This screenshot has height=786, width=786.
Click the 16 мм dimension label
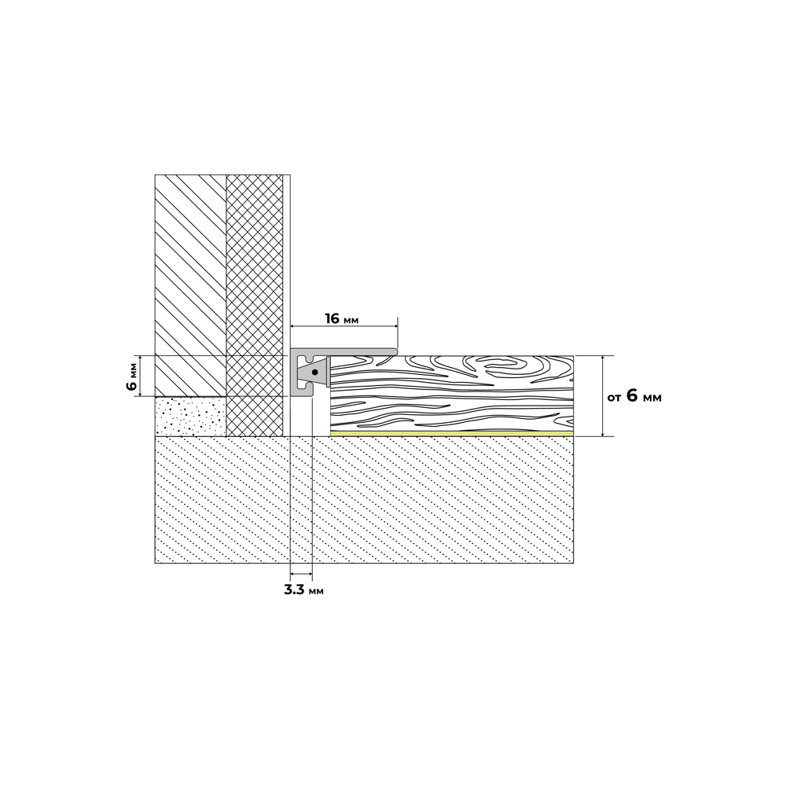pos(341,319)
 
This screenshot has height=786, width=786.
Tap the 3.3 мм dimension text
pos(303,590)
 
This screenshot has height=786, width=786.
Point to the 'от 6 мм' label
pos(634,396)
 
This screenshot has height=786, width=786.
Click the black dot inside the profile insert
pos(314,373)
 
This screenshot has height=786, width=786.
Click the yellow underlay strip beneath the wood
pos(452,434)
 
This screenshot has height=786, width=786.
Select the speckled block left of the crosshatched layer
pos(190,417)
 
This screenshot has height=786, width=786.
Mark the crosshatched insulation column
pos(255,305)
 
